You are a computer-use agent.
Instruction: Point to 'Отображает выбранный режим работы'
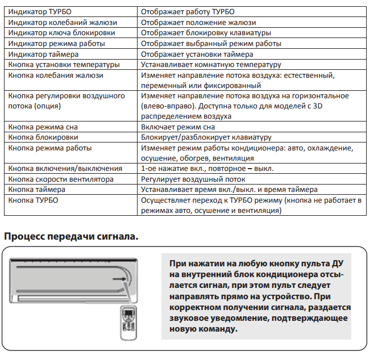[210, 44]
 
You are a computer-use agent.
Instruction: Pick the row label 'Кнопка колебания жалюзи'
[56, 76]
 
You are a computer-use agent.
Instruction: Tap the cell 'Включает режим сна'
[177, 127]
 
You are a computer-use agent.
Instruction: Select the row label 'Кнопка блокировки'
[43, 137]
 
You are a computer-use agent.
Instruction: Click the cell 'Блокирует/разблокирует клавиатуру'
[206, 137]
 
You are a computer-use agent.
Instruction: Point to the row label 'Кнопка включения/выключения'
[65, 169]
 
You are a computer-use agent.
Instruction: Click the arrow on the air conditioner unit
[120, 279]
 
